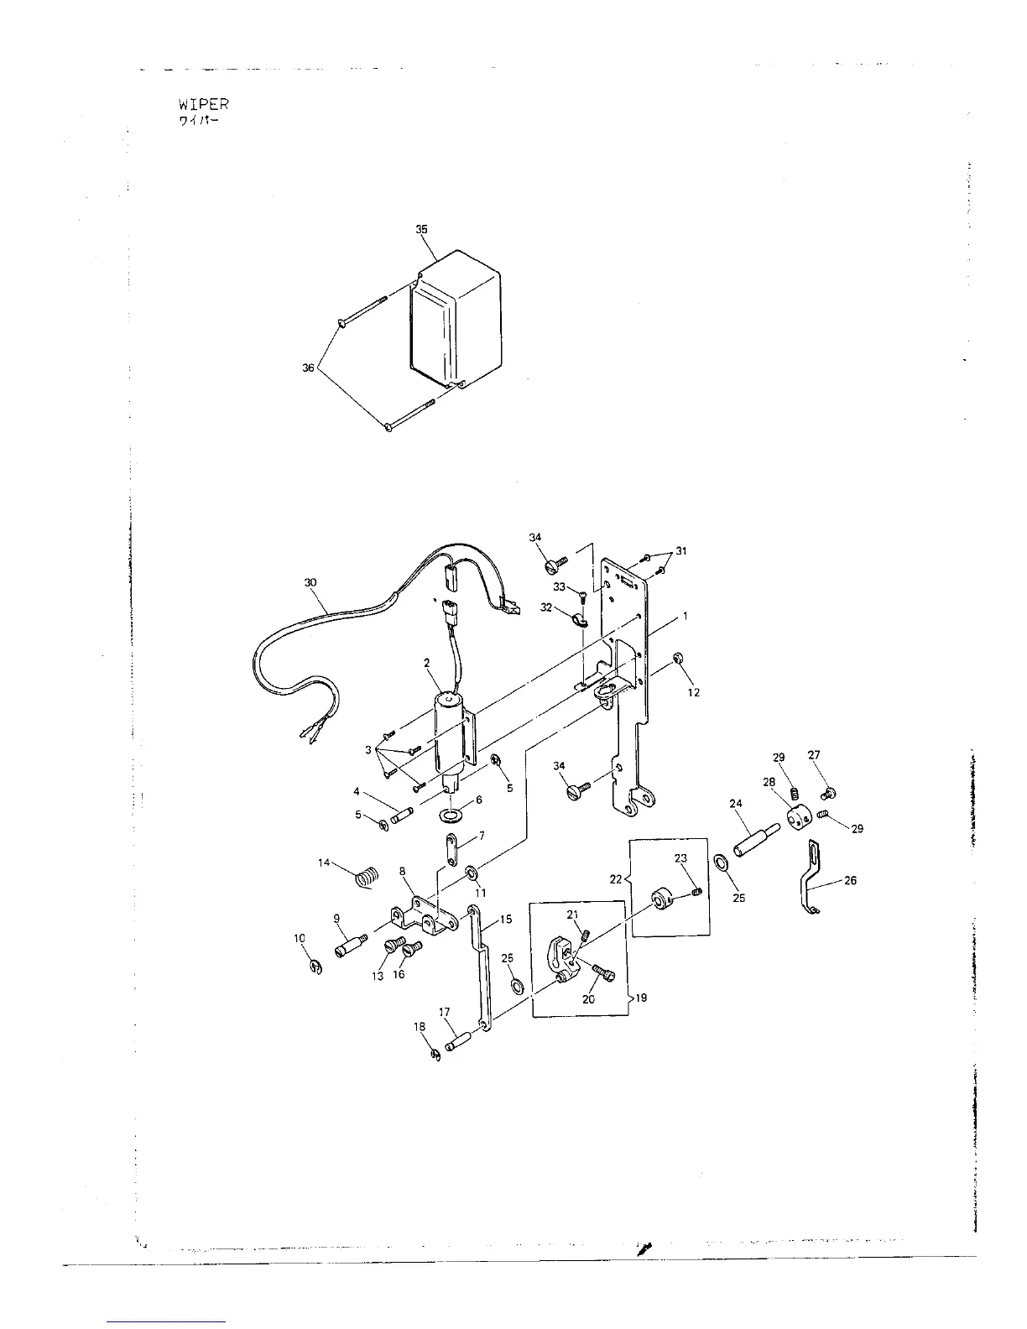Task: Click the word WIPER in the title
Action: click(202, 105)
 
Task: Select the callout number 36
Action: click(308, 368)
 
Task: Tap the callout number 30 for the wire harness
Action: click(310, 581)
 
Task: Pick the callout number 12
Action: click(693, 692)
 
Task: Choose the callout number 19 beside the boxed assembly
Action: click(641, 998)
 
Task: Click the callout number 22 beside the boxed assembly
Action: click(615, 878)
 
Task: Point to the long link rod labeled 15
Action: click(482, 965)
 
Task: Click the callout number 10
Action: click(300, 938)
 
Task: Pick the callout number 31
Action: click(681, 550)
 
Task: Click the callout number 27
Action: click(814, 754)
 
